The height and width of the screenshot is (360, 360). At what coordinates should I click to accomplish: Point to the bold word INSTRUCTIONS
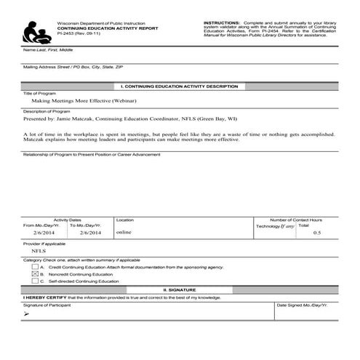pos(221,23)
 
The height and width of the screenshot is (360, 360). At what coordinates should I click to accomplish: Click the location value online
pos(124,233)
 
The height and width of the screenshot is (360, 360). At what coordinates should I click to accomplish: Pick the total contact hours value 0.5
pos(316,233)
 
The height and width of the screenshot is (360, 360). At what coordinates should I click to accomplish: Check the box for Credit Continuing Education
pos(34,268)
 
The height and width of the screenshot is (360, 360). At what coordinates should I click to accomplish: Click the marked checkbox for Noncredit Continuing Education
pos(34,274)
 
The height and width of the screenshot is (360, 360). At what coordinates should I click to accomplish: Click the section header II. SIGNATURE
pos(179,289)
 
